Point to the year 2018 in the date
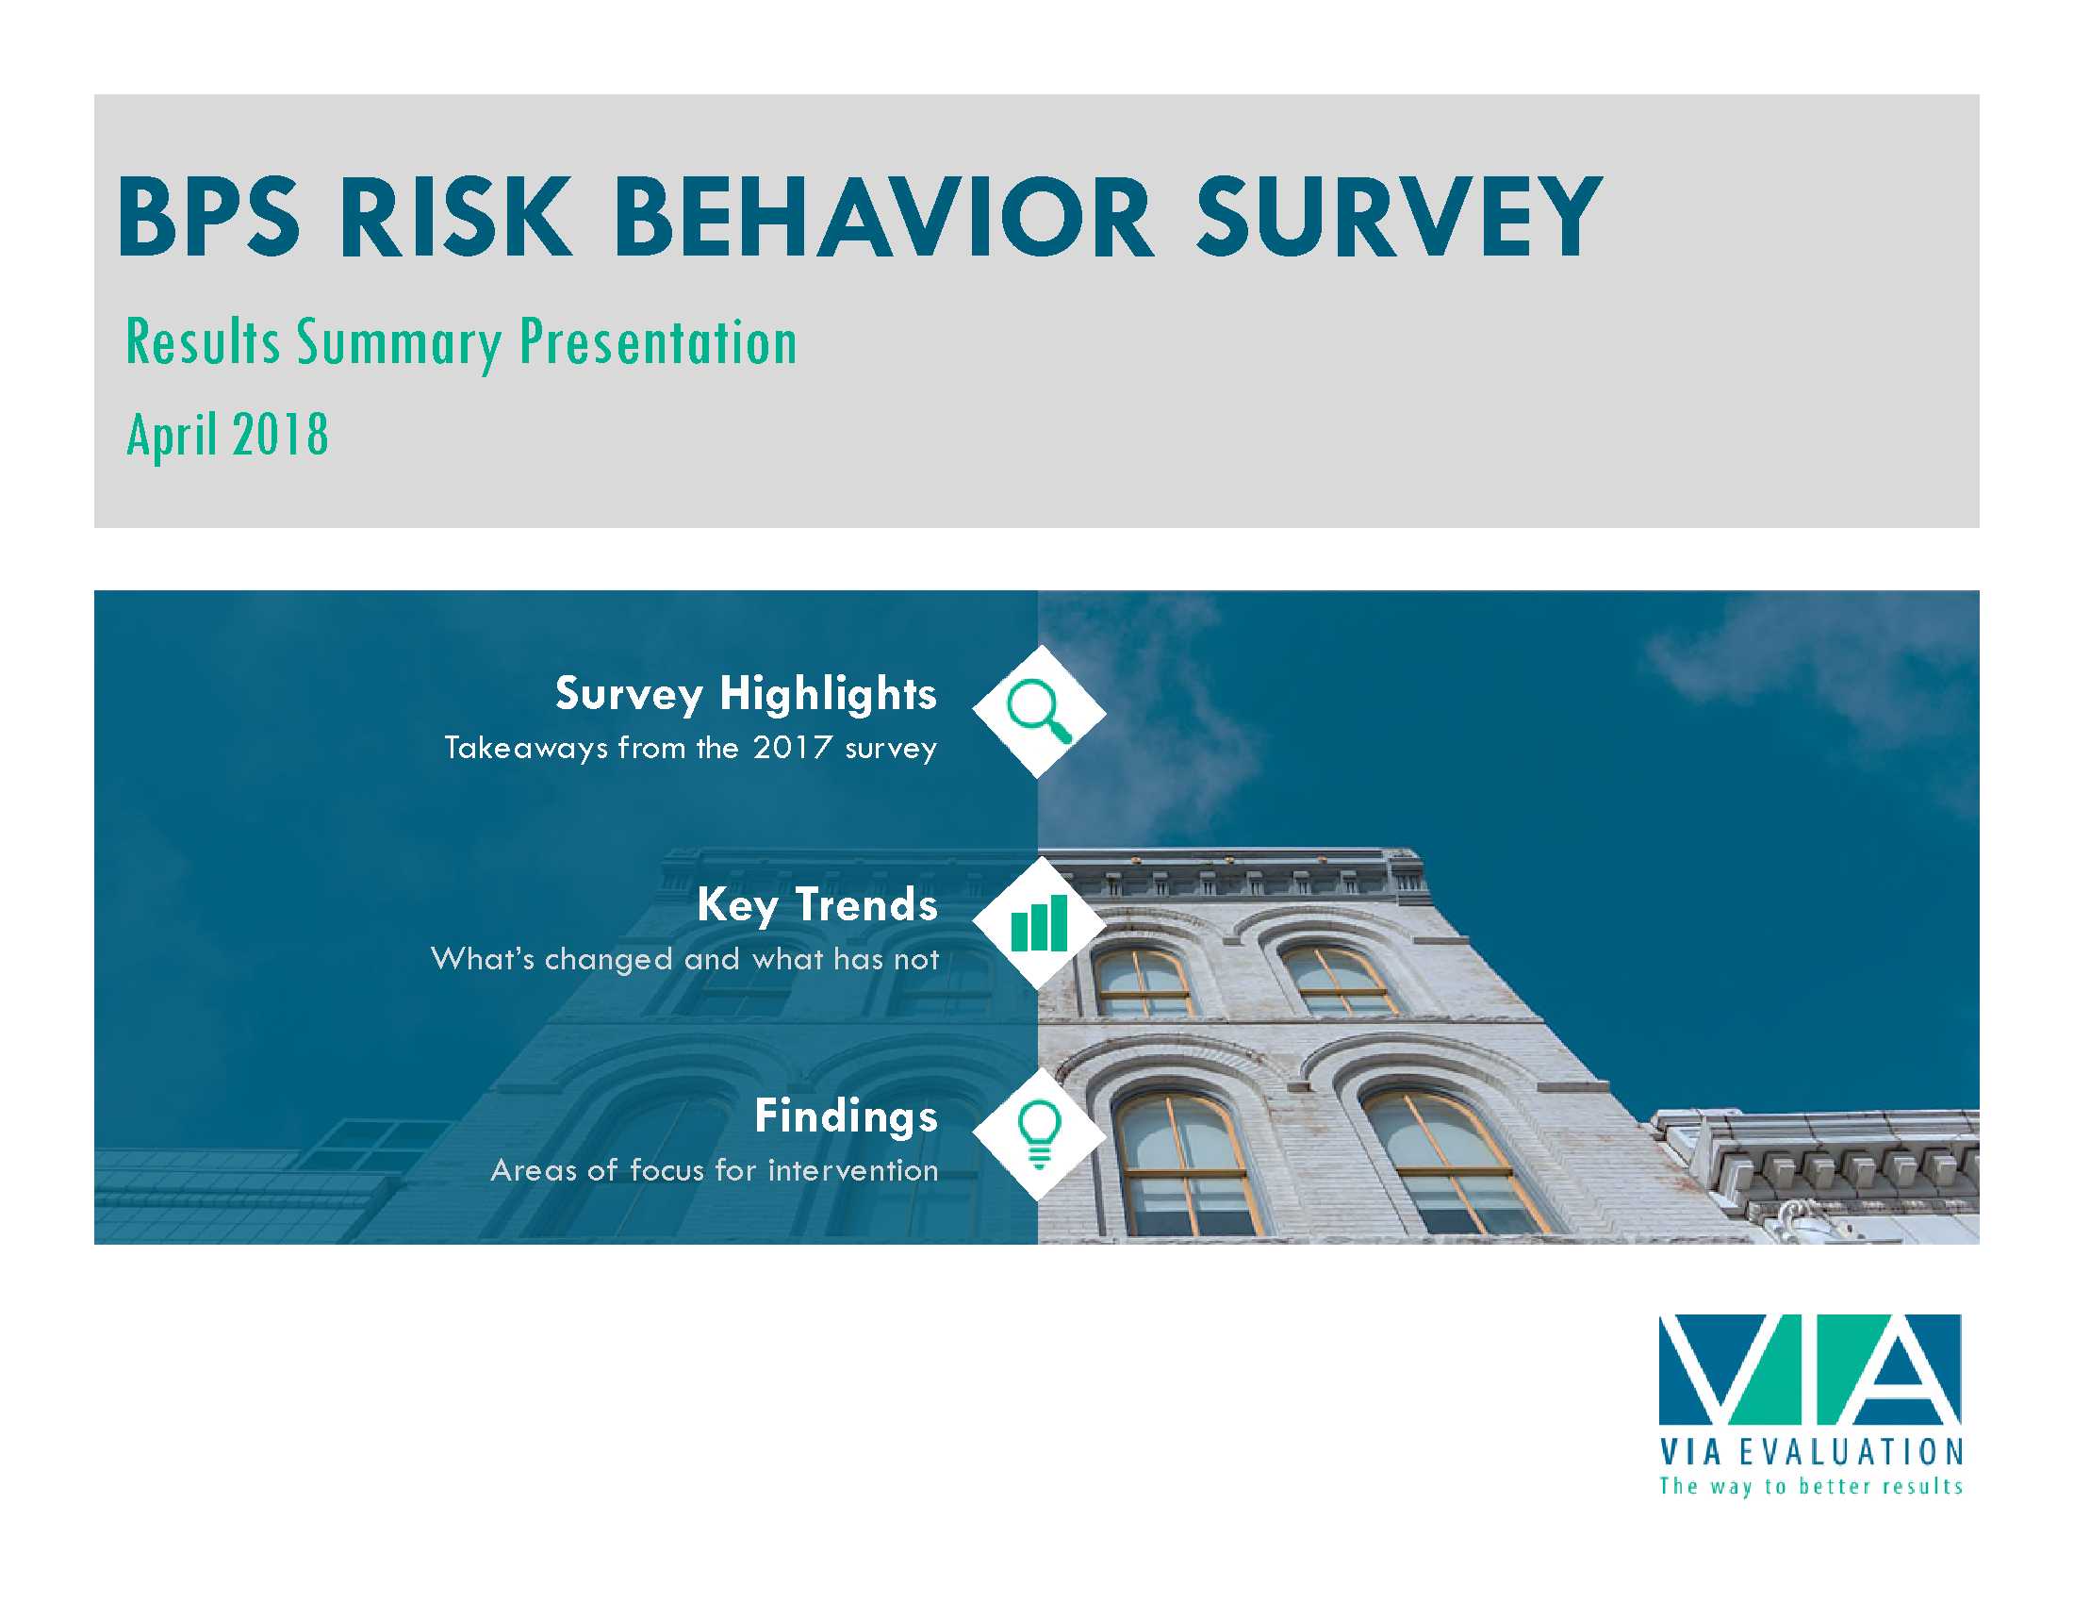[x=280, y=435]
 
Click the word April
[x=173, y=437]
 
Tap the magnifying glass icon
[x=1039, y=711]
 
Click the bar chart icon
[x=1039, y=922]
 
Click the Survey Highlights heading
[x=746, y=694]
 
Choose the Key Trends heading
[x=816, y=905]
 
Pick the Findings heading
[x=847, y=1115]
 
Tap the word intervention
[x=853, y=1170]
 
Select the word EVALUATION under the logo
[x=1851, y=1452]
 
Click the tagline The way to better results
[x=1811, y=1486]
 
